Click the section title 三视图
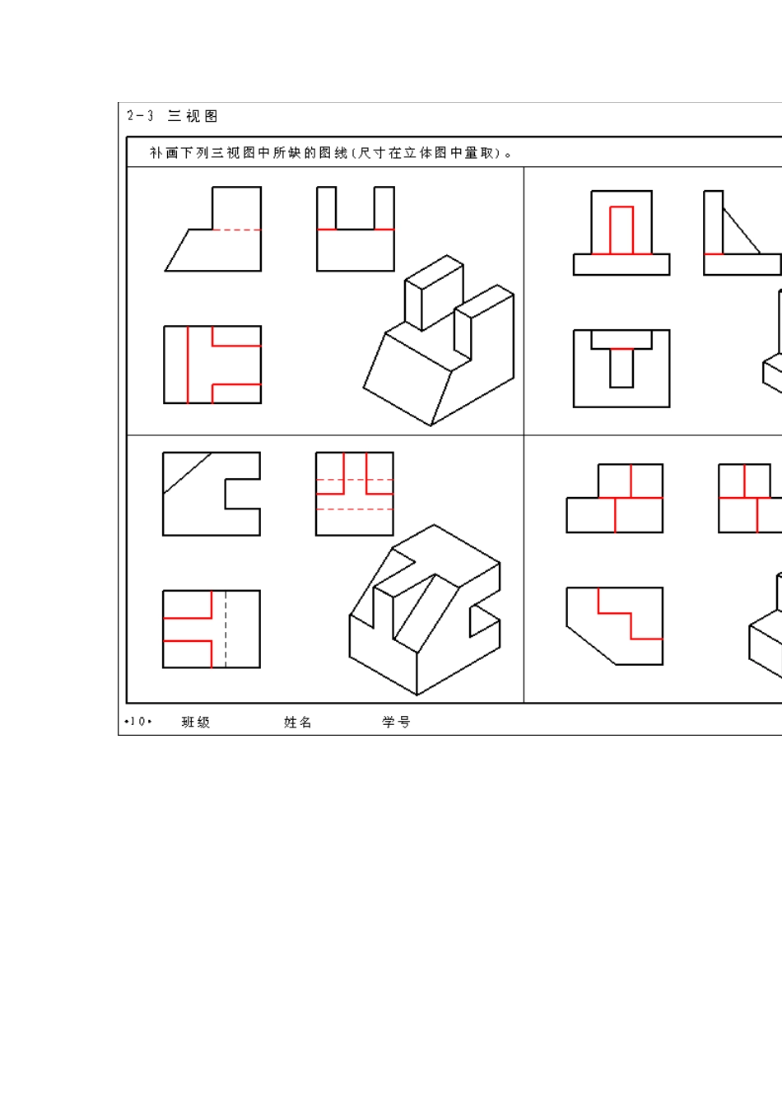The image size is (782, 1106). [193, 116]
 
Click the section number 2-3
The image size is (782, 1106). [140, 116]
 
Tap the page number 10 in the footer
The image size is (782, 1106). [137, 722]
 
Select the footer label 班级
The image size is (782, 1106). [196, 722]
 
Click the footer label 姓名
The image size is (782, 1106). [298, 722]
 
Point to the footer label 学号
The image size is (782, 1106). [396, 722]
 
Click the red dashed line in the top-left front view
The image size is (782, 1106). [236, 230]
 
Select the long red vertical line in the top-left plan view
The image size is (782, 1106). [188, 365]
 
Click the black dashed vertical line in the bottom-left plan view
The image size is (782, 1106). [226, 629]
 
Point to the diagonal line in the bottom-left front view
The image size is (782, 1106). [187, 473]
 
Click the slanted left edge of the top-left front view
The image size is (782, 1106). [177, 250]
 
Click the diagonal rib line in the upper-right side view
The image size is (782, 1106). [742, 230]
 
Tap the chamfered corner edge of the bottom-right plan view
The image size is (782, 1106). [591, 645]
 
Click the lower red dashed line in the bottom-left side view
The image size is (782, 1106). [355, 509]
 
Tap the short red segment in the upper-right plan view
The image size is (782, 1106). [621, 349]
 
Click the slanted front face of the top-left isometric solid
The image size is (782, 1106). [407, 379]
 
